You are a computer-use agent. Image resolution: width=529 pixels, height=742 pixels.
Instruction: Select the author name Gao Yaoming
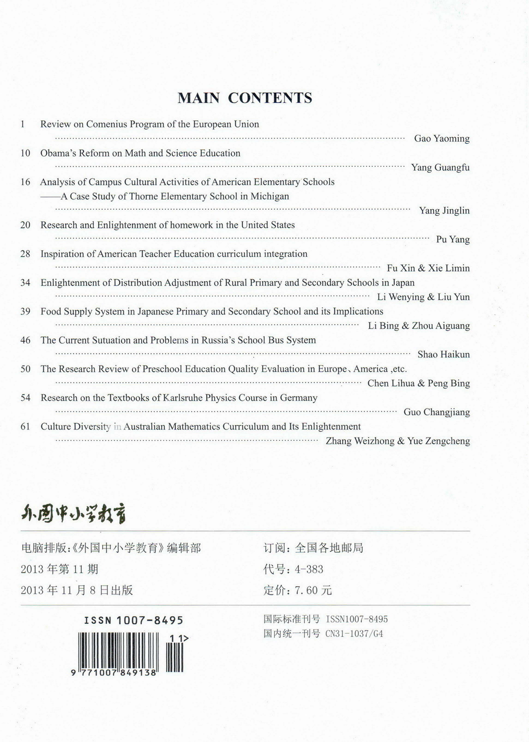442,139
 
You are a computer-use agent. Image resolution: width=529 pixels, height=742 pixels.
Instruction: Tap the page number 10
25,153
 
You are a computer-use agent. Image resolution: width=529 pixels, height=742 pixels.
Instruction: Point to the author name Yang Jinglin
444,211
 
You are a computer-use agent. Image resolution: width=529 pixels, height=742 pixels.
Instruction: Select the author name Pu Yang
453,239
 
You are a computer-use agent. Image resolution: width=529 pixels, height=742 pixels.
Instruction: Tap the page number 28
25,254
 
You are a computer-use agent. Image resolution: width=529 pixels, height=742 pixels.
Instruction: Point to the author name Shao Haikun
444,355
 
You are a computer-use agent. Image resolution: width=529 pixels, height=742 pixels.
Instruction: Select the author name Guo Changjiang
436,412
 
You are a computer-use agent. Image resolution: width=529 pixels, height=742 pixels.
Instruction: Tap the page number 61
25,427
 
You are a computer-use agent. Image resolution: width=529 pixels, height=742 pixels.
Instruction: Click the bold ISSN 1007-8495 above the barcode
134,620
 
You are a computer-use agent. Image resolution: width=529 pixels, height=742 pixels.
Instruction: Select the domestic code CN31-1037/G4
354,634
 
